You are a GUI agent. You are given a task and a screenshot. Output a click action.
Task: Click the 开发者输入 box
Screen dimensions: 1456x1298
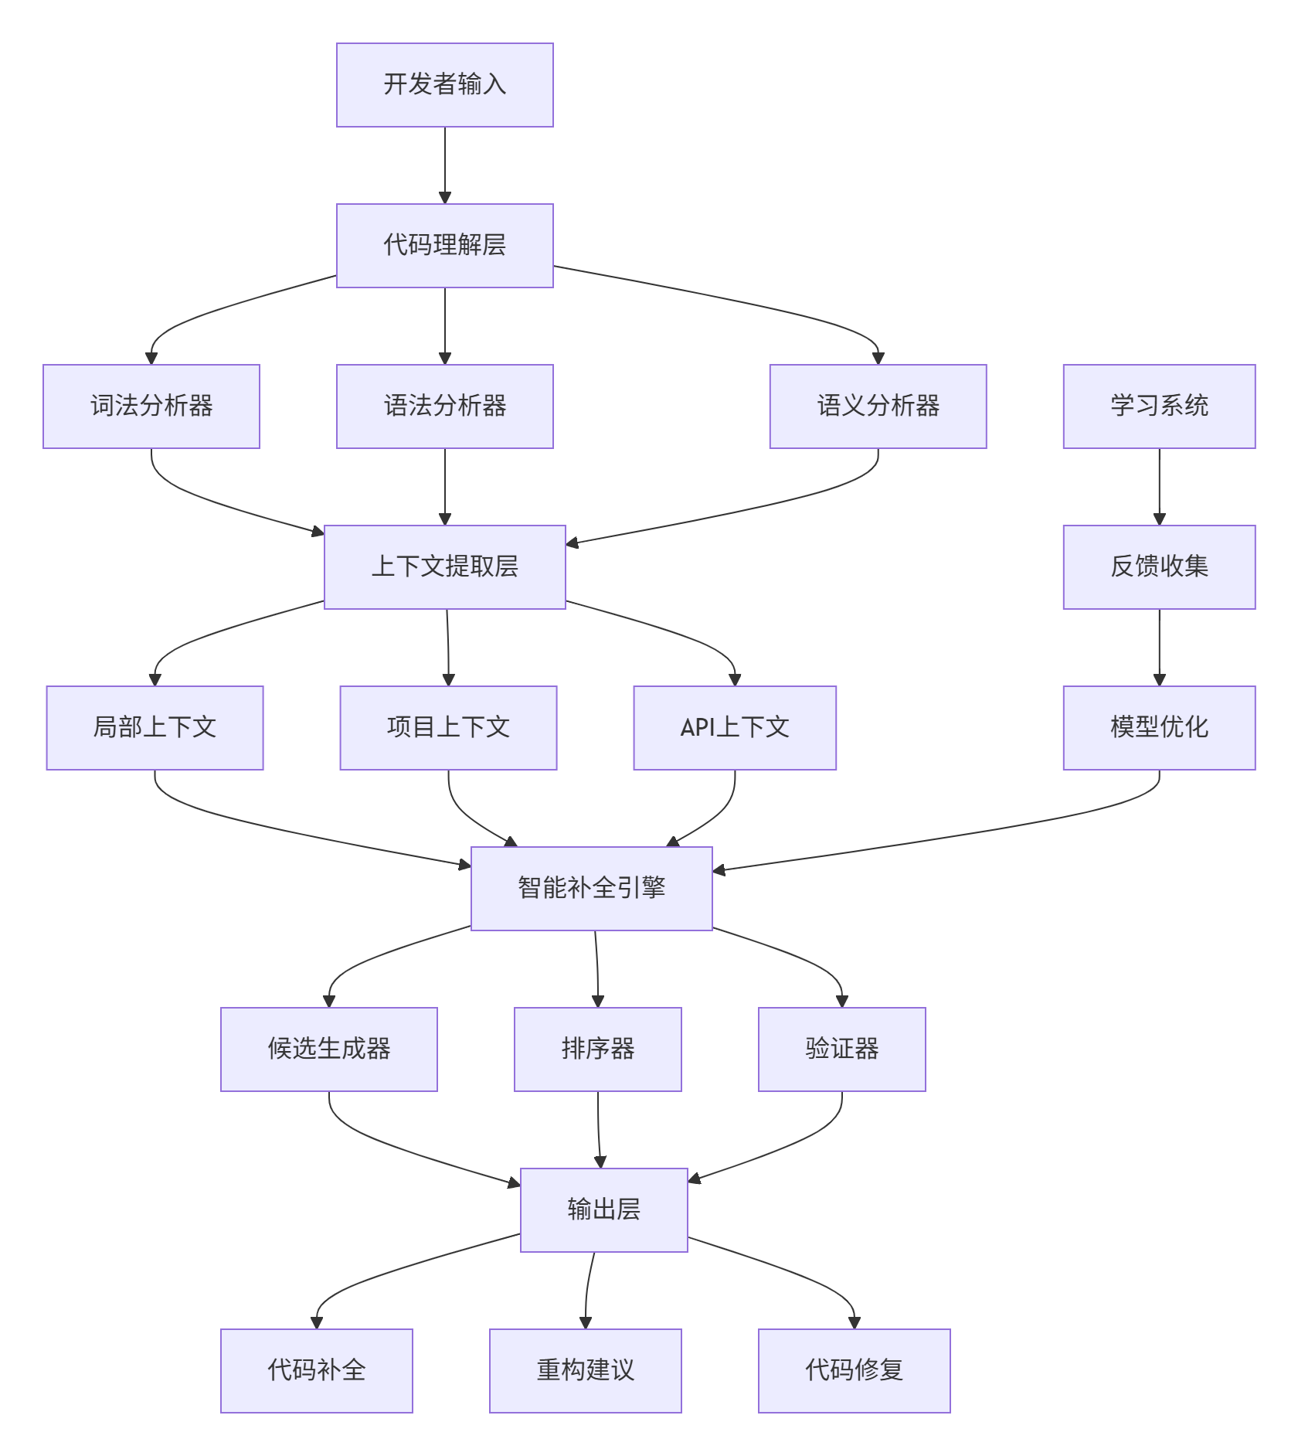444,85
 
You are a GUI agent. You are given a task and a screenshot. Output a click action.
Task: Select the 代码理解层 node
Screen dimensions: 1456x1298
444,246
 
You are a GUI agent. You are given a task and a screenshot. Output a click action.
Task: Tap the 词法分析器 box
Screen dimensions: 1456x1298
151,407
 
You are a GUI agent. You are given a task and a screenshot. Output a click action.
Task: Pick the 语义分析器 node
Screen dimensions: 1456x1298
878,407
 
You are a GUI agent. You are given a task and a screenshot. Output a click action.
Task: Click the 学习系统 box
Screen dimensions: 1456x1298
1159,407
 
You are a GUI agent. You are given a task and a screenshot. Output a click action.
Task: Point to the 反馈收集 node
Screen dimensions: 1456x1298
1159,567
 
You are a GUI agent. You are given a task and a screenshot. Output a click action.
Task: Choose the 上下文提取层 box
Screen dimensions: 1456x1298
444,567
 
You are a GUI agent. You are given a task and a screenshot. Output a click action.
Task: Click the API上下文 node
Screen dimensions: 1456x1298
735,728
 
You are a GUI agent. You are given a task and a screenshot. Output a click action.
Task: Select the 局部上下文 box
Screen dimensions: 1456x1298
155,728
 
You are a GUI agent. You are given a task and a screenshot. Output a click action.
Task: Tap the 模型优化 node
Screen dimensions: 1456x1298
1159,728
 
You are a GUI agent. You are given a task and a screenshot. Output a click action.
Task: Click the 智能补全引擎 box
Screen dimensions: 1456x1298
591,889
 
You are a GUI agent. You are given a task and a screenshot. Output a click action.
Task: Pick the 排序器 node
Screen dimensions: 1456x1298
597,1049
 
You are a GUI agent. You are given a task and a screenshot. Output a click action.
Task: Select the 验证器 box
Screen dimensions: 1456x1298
841,1049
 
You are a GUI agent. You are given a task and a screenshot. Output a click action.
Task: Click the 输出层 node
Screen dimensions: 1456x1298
603,1210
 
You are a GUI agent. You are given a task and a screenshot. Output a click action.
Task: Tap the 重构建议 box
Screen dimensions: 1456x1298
585,1371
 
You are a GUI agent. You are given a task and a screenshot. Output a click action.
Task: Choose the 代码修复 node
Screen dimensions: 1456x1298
854,1371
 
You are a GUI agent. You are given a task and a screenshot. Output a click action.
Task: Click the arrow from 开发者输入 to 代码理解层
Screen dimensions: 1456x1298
444,165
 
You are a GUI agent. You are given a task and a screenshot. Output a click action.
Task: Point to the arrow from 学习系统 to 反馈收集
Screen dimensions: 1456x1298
1159,487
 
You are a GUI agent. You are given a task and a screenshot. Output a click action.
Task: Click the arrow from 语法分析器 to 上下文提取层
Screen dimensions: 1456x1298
444,487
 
